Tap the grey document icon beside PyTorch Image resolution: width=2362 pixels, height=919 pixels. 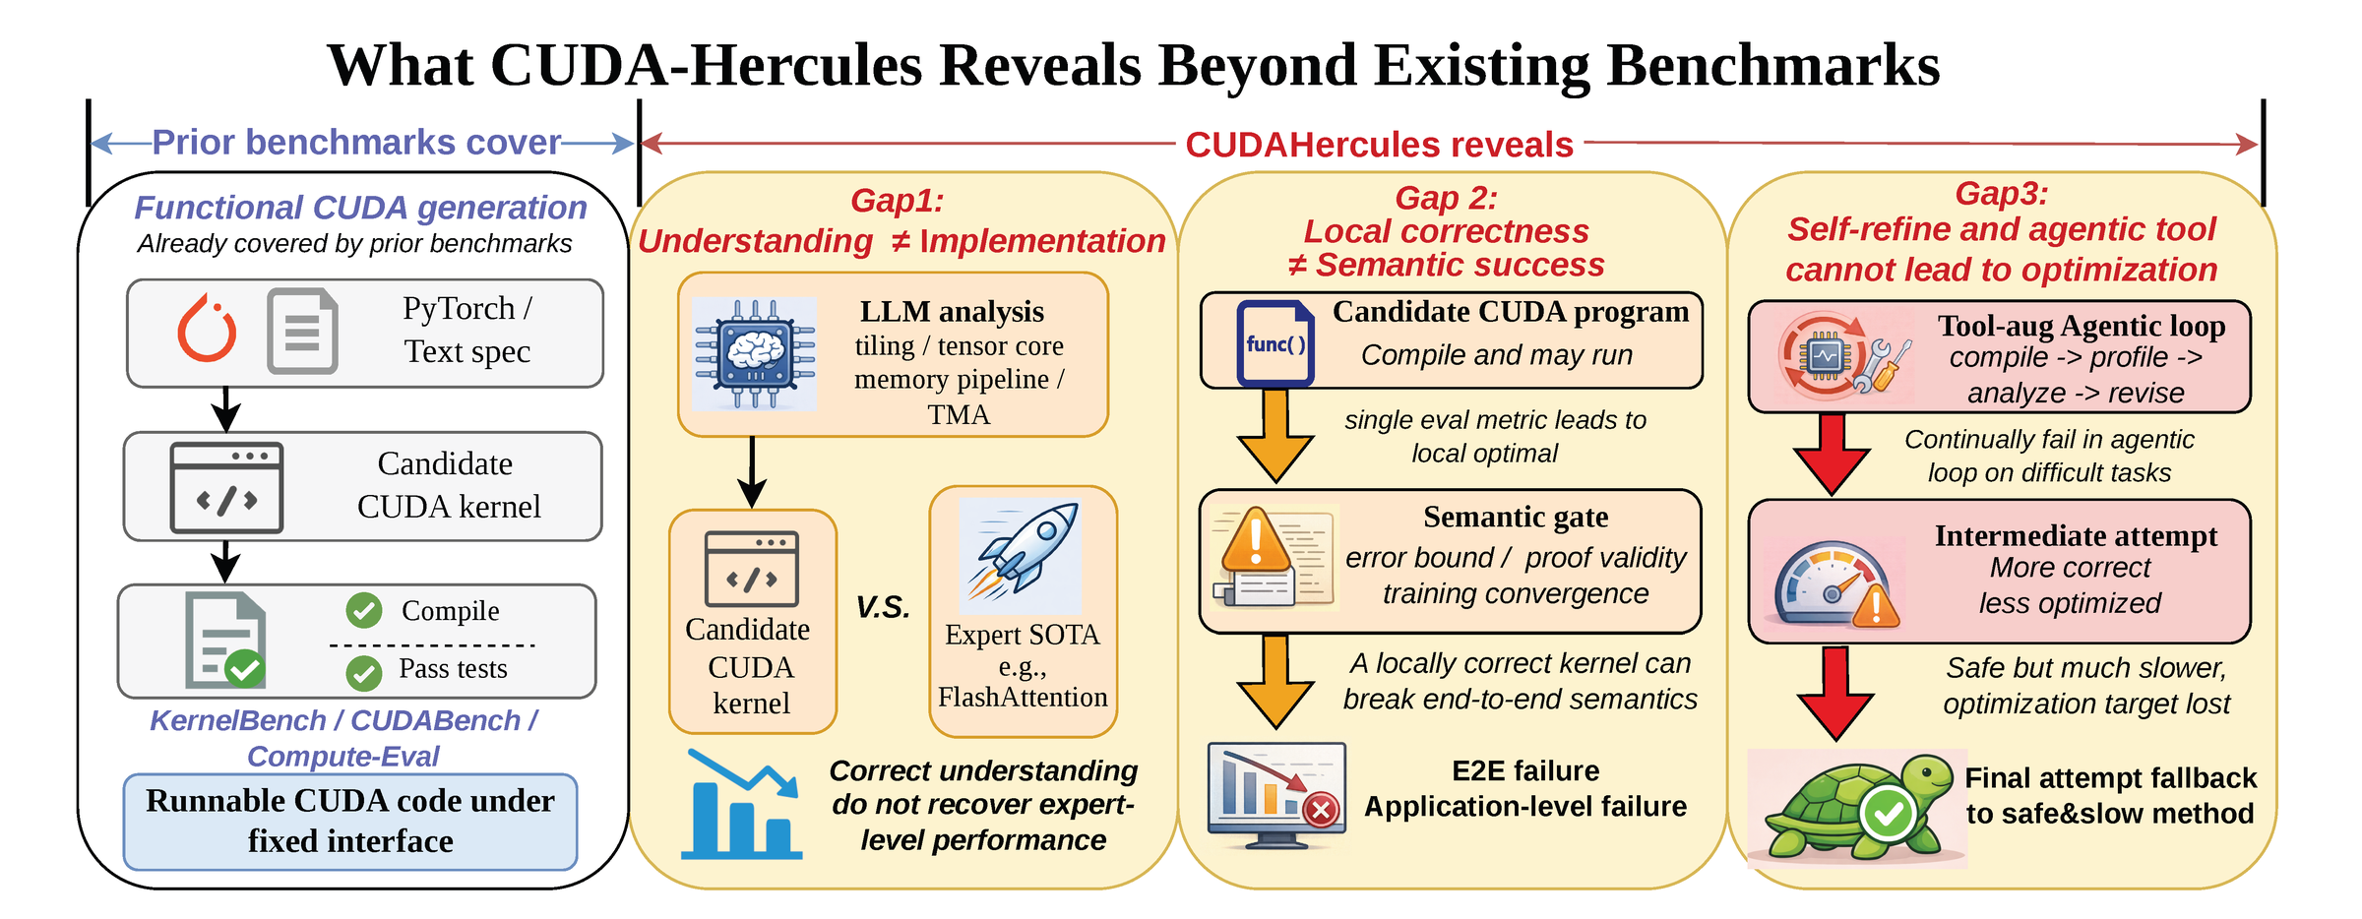coord(303,331)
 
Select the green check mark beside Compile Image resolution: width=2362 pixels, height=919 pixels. coord(364,610)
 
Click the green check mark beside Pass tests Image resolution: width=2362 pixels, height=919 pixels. coord(364,673)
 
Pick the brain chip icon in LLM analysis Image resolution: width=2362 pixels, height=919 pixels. coord(755,353)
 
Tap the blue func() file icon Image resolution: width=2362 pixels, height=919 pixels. coord(1275,342)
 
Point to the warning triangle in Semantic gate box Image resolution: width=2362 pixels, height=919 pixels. coord(1256,541)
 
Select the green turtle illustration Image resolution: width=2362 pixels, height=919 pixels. coord(1856,808)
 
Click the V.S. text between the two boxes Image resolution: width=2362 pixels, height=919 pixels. coord(883,607)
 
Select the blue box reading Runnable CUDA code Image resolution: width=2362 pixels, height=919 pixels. coord(350,822)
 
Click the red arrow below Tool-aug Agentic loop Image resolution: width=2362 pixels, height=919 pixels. coord(1832,454)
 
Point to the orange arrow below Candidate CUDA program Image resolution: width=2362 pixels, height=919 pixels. coord(1275,435)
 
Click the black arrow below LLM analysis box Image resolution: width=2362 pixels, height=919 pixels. coord(753,472)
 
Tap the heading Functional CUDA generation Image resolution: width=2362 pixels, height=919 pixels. coord(360,208)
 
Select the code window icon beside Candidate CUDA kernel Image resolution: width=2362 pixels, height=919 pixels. coord(226,488)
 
